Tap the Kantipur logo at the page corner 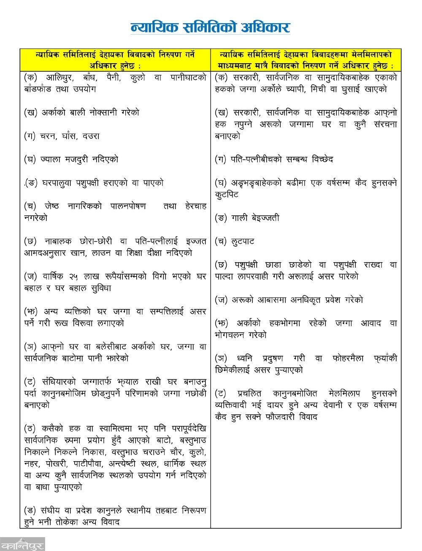(x=22, y=543)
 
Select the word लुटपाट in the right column (x=243, y=242)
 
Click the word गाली (x=240, y=218)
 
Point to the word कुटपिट (x=227, y=195)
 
